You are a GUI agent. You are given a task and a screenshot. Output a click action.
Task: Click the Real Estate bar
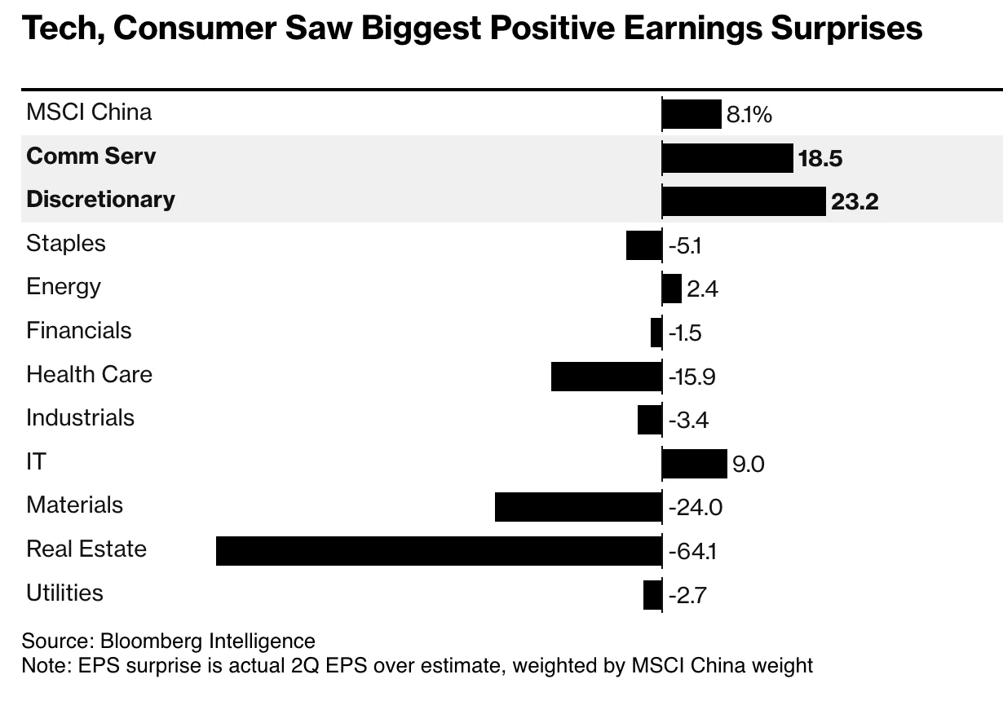click(439, 551)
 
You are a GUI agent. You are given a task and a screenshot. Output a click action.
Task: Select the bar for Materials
click(578, 507)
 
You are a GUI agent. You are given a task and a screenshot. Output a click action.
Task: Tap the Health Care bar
click(606, 377)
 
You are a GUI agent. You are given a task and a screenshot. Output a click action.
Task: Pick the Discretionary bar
click(743, 201)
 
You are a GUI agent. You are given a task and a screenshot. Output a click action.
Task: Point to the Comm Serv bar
click(727, 158)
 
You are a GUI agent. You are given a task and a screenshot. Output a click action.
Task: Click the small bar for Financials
click(656, 333)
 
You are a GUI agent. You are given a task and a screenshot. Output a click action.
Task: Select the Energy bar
click(672, 289)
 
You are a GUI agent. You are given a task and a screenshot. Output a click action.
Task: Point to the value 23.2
click(854, 202)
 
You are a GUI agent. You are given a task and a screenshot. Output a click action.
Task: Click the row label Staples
click(66, 243)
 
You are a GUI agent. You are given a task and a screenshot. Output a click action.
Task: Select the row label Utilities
click(65, 593)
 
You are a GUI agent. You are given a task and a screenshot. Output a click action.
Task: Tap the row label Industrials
click(81, 418)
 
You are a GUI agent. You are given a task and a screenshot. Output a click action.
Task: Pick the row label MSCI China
click(89, 112)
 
